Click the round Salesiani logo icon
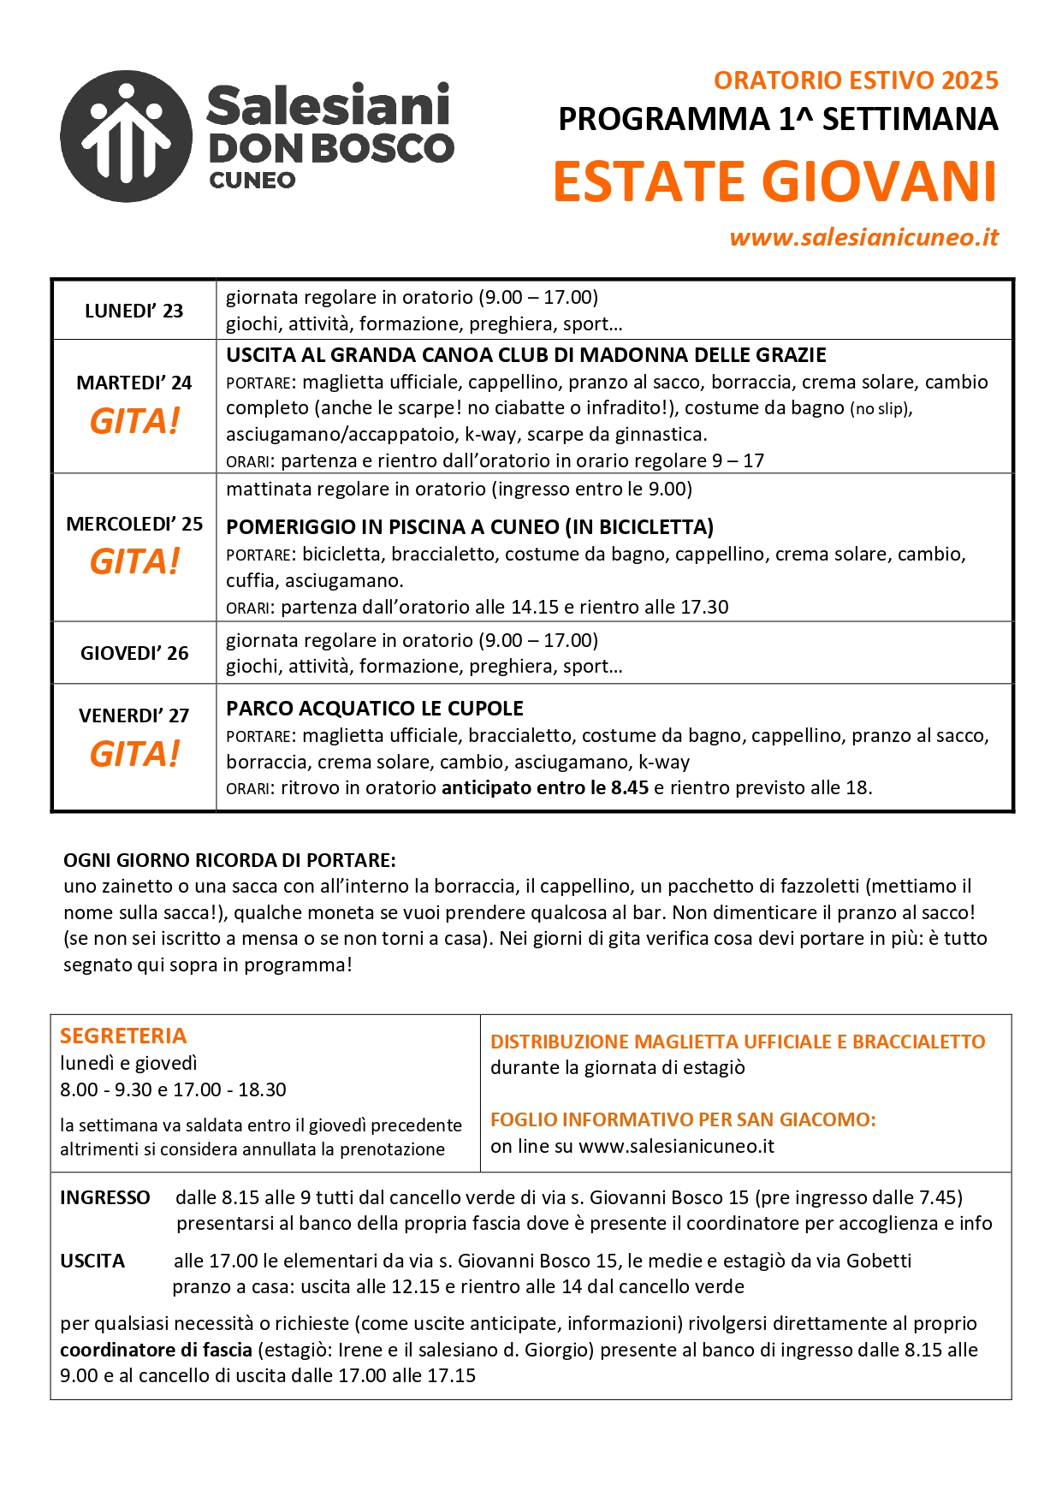(127, 136)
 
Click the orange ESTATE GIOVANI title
(774, 181)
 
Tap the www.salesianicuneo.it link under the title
(863, 237)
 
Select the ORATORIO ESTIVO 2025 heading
(856, 80)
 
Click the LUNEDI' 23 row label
(133, 311)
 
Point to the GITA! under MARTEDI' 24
(134, 421)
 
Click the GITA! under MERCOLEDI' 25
(134, 561)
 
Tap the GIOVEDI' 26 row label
(134, 653)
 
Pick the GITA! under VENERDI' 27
(134, 754)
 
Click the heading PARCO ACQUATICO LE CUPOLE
(375, 709)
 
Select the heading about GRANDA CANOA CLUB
(526, 355)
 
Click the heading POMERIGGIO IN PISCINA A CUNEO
(470, 527)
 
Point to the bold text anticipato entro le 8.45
(545, 787)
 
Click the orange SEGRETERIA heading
(123, 1036)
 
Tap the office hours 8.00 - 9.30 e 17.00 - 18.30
(173, 1089)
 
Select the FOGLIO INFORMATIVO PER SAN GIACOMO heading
(683, 1119)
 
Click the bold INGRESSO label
(105, 1197)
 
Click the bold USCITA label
(92, 1261)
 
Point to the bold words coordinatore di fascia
(156, 1350)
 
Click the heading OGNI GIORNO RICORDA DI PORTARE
(229, 860)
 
